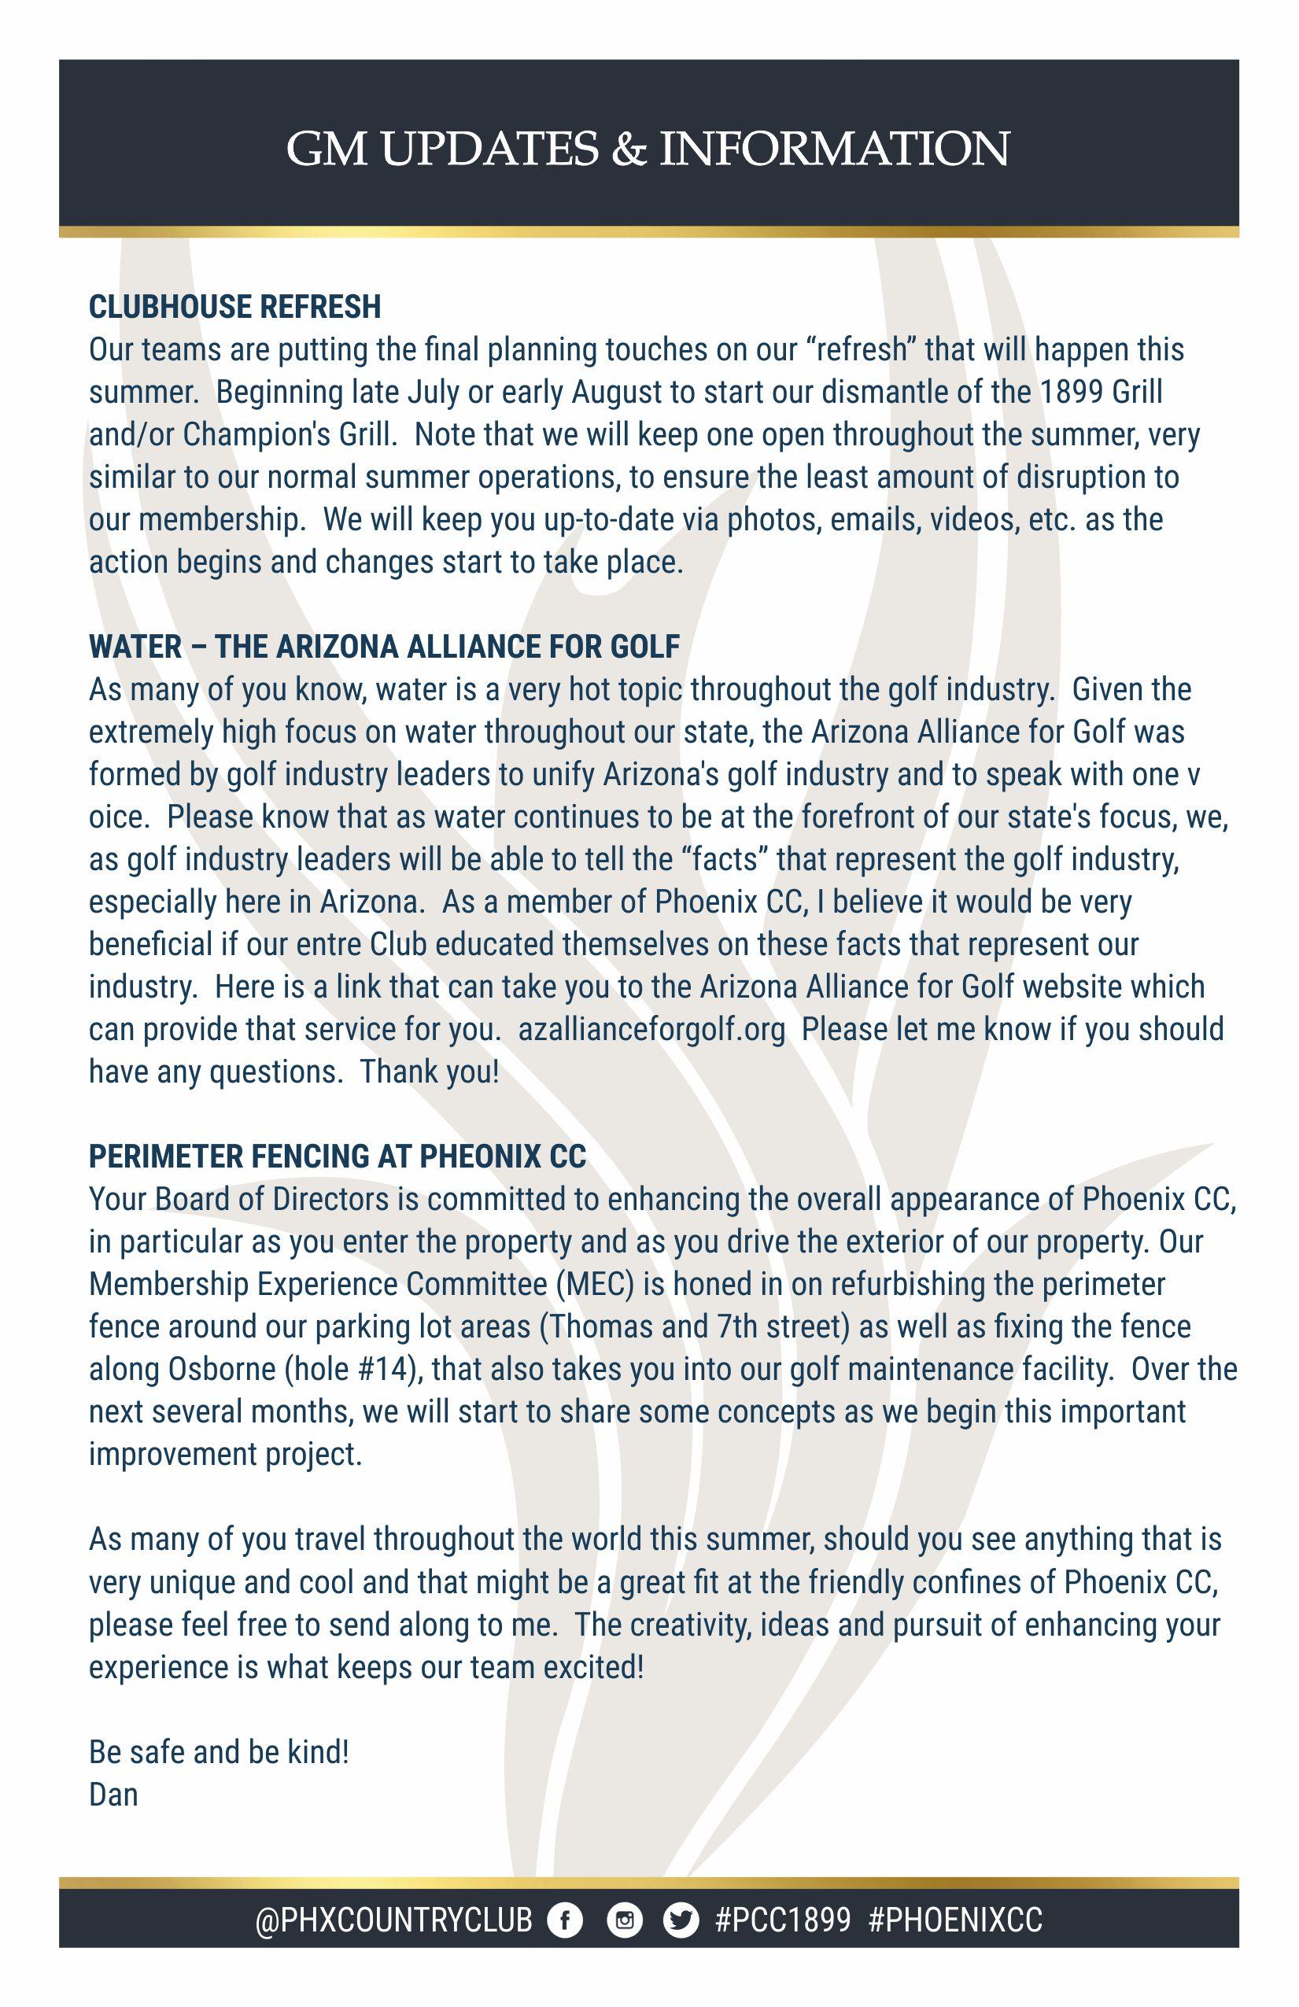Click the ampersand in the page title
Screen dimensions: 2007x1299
pos(629,149)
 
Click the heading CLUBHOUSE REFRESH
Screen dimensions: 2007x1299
pos(234,307)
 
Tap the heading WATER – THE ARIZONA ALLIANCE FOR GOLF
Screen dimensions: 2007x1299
pos(384,647)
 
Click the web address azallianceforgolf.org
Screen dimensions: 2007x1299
pos(651,1030)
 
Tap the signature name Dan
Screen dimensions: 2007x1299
pos(113,1795)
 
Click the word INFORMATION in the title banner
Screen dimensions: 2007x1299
pos(833,149)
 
